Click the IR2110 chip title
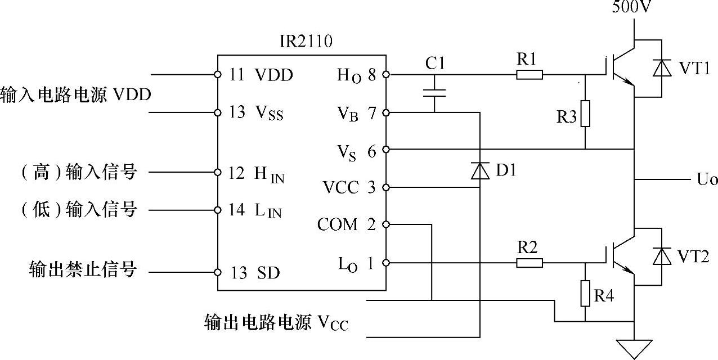(x=302, y=42)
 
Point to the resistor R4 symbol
(x=585, y=293)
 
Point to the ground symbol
(x=634, y=348)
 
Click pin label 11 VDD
(x=261, y=75)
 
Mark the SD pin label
(x=268, y=273)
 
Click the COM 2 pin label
(x=345, y=225)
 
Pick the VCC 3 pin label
(x=349, y=187)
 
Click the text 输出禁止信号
(x=83, y=269)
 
